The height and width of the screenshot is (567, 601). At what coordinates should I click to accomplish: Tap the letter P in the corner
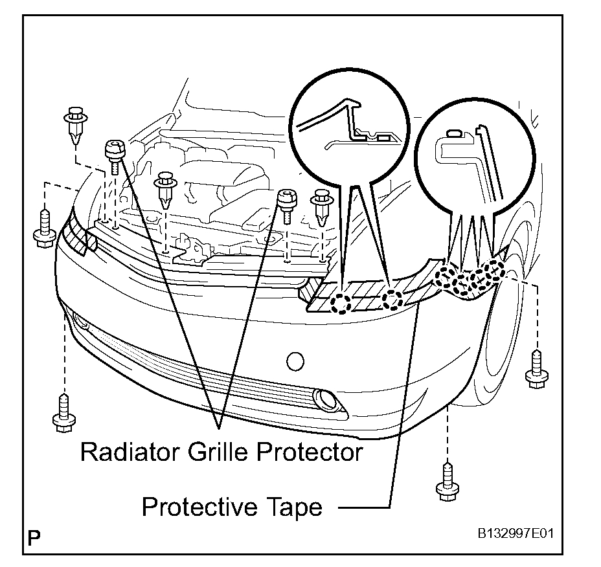tap(34, 537)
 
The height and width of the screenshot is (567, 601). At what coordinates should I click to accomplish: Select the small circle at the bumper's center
tap(295, 360)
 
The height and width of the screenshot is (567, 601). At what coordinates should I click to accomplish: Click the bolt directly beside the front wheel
tap(536, 369)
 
